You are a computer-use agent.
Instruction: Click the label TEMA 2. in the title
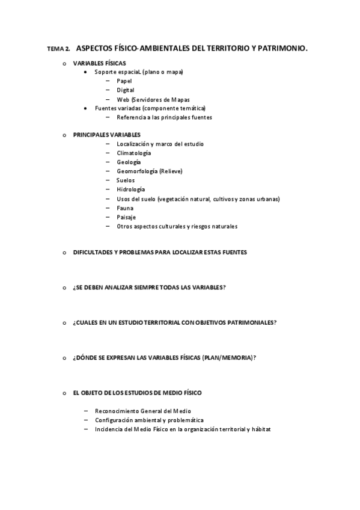tap(58, 48)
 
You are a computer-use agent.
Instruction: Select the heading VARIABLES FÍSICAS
tap(99, 63)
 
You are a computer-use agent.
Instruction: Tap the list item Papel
tap(124, 81)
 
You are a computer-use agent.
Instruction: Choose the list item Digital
tap(126, 90)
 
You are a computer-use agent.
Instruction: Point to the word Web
tap(123, 99)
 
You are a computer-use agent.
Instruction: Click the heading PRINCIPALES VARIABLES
tap(106, 135)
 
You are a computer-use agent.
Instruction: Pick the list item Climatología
tap(133, 153)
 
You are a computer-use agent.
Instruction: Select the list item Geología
tap(129, 162)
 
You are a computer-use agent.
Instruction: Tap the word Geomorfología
tap(138, 171)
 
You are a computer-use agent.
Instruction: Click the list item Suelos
tap(126, 180)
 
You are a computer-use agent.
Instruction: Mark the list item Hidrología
tap(130, 189)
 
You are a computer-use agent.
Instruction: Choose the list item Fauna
tap(125, 207)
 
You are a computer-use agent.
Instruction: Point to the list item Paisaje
tap(126, 217)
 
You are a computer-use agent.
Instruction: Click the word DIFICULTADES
tap(93, 253)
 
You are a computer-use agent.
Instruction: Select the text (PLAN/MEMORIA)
tap(228, 358)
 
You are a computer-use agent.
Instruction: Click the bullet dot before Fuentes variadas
tap(87, 108)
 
